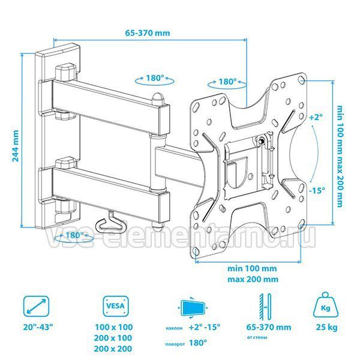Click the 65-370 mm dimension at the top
[x=148, y=33]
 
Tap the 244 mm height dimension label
[x=16, y=146]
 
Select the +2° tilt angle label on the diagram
[x=316, y=118]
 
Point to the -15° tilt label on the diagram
[x=317, y=190]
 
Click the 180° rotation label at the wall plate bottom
[x=75, y=235]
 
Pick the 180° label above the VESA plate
[x=227, y=82]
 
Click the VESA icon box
[x=115, y=306]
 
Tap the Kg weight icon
[x=326, y=305]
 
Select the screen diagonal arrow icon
[x=36, y=306]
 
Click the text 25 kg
[x=327, y=327]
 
